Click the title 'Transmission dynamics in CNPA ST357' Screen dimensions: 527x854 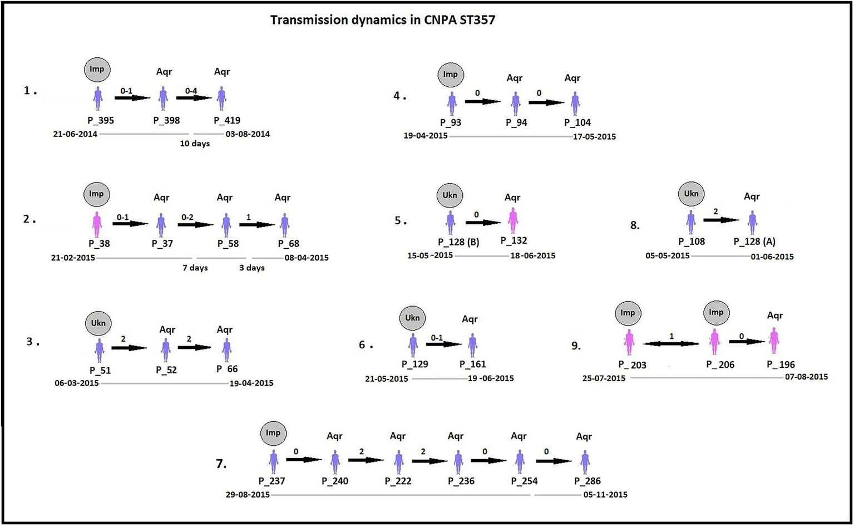pyautogui.click(x=382, y=21)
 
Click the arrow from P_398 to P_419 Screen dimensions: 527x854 pyautogui.click(x=194, y=98)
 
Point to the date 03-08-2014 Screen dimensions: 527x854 pyautogui.click(x=248, y=134)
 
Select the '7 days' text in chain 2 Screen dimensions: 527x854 pyautogui.click(x=195, y=268)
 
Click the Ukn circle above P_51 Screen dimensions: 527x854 pyautogui.click(x=98, y=323)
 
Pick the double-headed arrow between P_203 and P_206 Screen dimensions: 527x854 pyautogui.click(x=670, y=344)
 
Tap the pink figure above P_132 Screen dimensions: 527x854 pyautogui.click(x=513, y=221)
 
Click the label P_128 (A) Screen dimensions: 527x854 pyautogui.click(x=754, y=242)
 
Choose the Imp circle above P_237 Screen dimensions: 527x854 pyautogui.click(x=273, y=433)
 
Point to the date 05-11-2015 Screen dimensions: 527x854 pyautogui.click(x=605, y=495)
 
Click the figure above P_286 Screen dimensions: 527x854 pyautogui.click(x=585, y=462)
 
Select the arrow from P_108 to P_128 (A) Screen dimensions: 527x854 pyautogui.click(x=721, y=220)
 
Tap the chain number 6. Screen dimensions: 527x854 pyautogui.click(x=363, y=346)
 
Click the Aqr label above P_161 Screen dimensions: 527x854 pyautogui.click(x=470, y=319)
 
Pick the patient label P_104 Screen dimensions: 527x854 pyautogui.click(x=577, y=122)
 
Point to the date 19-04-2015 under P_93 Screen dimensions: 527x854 pyautogui.click(x=426, y=136)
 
